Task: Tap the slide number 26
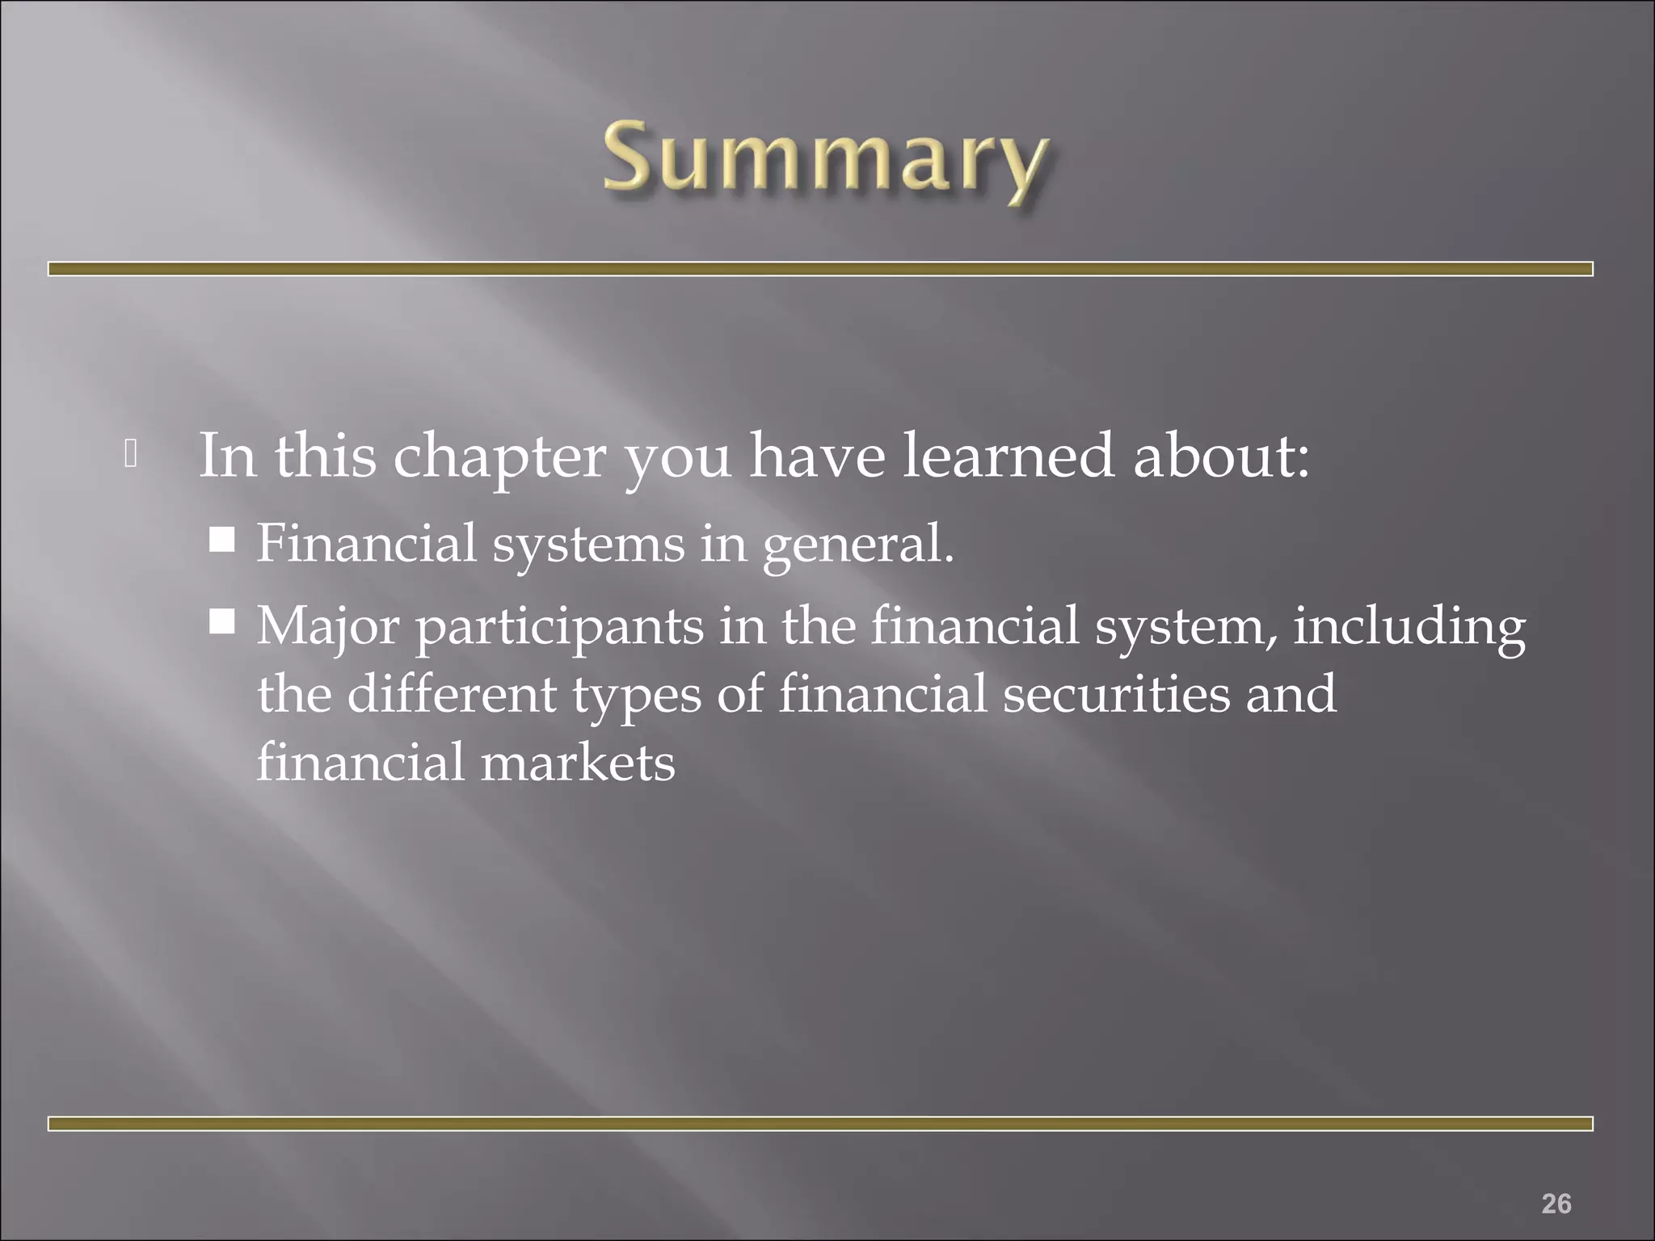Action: (1556, 1180)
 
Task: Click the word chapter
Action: (499, 457)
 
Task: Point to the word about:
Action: (1220, 456)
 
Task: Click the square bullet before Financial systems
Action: (221, 539)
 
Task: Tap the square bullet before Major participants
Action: (221, 622)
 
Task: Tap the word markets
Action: (578, 763)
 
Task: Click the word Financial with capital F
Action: (367, 543)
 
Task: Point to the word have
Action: (817, 456)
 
